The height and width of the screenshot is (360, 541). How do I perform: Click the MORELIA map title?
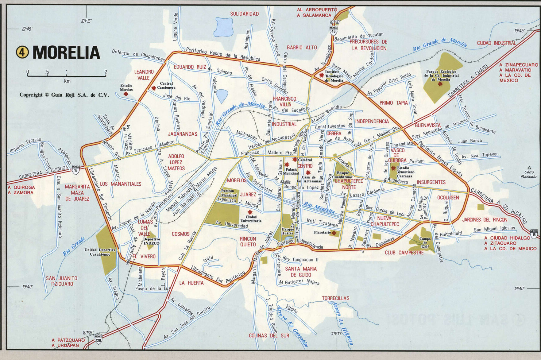click(x=66, y=53)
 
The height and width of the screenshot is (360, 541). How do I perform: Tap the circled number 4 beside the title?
click(x=22, y=52)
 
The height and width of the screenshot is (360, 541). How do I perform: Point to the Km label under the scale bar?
click(x=67, y=81)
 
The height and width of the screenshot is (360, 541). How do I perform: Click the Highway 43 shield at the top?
click(x=333, y=30)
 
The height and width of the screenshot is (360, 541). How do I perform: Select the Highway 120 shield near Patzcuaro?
click(x=99, y=339)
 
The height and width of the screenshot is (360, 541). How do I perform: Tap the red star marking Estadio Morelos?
click(x=126, y=94)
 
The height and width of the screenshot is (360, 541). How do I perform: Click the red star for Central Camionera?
click(x=153, y=88)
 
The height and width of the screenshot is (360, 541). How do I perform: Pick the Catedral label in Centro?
click(x=305, y=160)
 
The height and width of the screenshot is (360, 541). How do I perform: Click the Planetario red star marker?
click(x=334, y=233)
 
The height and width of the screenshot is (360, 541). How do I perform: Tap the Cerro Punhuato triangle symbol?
click(x=529, y=168)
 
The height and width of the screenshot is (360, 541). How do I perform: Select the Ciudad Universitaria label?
click(x=251, y=219)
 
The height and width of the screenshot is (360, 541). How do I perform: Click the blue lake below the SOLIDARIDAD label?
click(x=223, y=27)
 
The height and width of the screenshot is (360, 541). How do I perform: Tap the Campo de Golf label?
click(x=425, y=242)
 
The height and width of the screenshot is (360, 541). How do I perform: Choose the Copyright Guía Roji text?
click(x=64, y=95)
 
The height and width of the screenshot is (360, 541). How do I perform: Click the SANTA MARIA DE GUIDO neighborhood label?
click(x=301, y=272)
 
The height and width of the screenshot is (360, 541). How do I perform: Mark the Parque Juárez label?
click(x=288, y=231)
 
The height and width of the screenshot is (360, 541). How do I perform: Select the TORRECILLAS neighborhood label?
click(x=335, y=298)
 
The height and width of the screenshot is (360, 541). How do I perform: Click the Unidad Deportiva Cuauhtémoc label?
click(x=100, y=252)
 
